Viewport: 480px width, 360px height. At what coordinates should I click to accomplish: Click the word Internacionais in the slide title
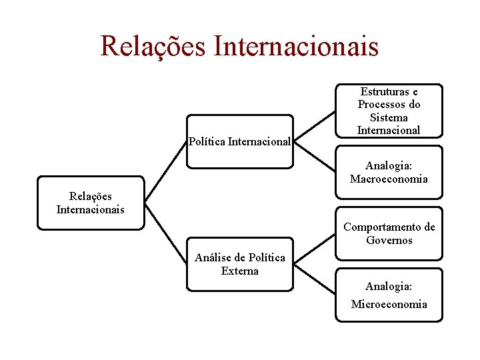click(296, 45)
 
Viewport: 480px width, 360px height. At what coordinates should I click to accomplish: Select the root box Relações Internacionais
click(91, 203)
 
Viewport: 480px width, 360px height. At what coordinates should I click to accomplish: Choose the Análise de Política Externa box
click(239, 264)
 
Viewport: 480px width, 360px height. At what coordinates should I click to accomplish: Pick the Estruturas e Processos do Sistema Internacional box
click(389, 111)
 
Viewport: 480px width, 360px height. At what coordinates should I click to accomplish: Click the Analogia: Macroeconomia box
click(389, 172)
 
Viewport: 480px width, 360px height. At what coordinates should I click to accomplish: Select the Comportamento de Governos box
click(389, 233)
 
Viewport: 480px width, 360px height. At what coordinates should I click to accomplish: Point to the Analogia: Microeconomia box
click(389, 295)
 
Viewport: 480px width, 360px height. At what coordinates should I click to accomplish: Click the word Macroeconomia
click(389, 179)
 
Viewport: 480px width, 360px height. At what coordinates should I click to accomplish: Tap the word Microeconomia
click(389, 304)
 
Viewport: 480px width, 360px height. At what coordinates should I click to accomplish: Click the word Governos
click(389, 241)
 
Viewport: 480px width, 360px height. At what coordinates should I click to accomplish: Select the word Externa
click(239, 271)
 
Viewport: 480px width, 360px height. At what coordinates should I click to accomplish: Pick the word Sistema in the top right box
click(389, 117)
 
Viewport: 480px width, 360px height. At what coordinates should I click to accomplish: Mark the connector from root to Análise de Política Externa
click(165, 233)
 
